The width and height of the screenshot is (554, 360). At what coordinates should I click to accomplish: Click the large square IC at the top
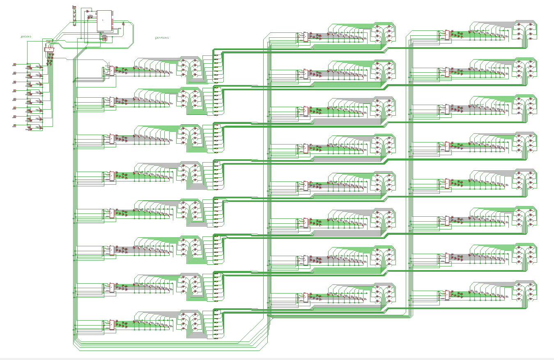[x=104, y=20]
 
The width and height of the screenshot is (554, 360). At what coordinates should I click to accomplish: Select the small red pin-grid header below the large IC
[x=104, y=38]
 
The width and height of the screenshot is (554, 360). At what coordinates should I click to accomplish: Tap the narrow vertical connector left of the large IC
[x=74, y=16]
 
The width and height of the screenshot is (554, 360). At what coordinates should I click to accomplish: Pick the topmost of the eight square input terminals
[x=15, y=64]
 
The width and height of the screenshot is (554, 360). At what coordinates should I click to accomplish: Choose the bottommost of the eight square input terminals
[x=15, y=126]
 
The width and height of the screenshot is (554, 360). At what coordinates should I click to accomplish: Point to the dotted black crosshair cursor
[x=109, y=65]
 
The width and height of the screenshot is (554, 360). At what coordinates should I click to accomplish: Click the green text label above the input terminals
[x=26, y=37]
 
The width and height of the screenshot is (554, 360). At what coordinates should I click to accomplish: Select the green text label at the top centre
[x=162, y=38]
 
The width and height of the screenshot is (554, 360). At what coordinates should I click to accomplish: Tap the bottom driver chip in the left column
[x=112, y=325]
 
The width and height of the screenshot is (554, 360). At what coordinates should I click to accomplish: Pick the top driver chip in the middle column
[x=305, y=37]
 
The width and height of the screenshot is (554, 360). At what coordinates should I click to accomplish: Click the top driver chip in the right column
[x=446, y=35]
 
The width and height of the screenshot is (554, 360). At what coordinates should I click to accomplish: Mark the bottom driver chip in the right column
[x=446, y=295]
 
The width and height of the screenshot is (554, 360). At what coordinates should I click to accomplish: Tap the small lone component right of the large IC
[x=124, y=24]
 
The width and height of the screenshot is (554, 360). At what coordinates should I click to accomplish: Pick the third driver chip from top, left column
[x=112, y=139]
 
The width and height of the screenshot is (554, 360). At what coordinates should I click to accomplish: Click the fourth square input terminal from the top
[x=15, y=91]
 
